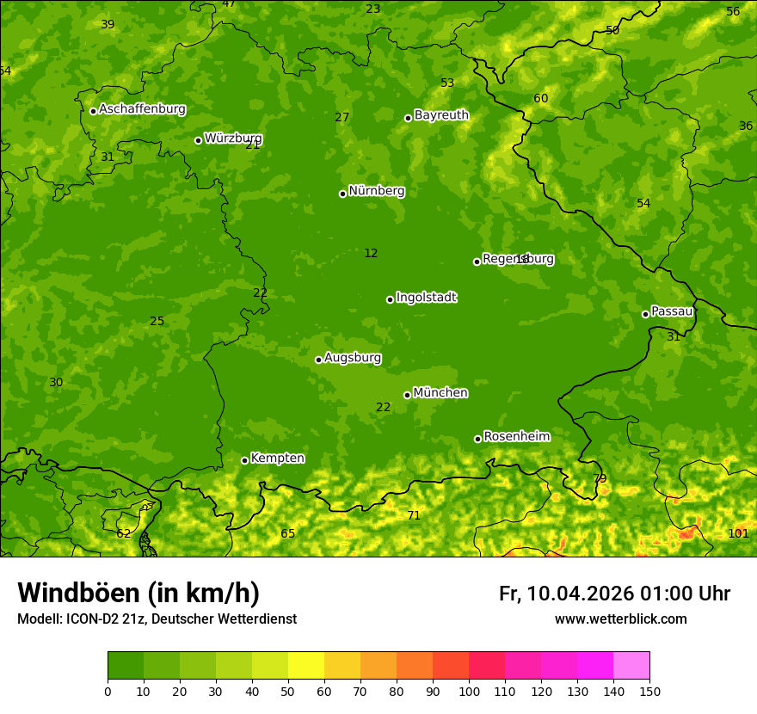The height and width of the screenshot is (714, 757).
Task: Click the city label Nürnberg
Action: (376, 191)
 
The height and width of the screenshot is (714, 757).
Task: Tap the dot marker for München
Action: (407, 395)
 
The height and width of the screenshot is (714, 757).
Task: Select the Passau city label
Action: (672, 311)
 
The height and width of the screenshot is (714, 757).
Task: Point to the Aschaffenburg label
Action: (142, 109)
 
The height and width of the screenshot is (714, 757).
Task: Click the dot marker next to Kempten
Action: (244, 460)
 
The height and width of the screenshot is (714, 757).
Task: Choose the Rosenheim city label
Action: (516, 436)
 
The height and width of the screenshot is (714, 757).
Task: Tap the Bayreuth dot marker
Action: (408, 118)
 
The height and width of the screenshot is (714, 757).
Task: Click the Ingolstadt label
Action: (426, 298)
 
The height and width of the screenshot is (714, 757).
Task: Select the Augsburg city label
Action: (353, 358)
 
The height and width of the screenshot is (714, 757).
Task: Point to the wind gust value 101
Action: (738, 533)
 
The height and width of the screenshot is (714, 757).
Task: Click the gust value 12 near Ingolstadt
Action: (371, 253)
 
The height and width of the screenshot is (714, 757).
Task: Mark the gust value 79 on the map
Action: (600, 478)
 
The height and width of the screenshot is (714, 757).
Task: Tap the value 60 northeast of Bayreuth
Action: (540, 98)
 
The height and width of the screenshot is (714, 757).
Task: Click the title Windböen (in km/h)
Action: (138, 593)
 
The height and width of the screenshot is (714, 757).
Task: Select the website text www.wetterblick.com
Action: (620, 619)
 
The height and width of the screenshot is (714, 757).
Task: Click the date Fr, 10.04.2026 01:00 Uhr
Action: (614, 594)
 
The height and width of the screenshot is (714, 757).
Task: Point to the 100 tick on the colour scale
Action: (469, 691)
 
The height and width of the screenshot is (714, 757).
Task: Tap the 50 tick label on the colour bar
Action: (288, 691)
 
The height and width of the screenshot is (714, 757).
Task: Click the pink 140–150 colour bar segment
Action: (631, 666)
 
